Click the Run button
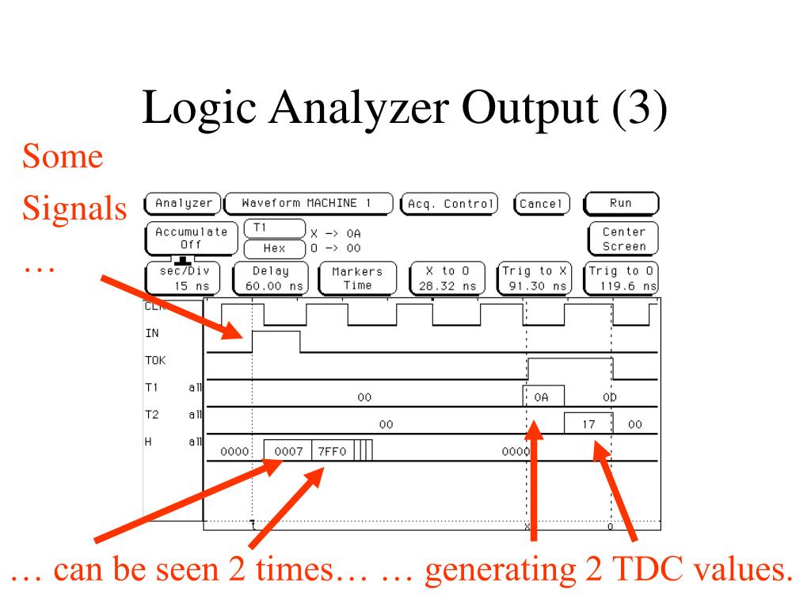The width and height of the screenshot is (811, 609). [x=621, y=203]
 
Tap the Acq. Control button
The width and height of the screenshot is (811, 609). [x=449, y=204]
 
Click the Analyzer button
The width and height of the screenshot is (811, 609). [x=184, y=203]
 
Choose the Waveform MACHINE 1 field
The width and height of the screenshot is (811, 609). [x=309, y=203]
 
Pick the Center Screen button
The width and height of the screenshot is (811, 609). [x=623, y=239]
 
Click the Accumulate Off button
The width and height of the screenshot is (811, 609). [x=191, y=239]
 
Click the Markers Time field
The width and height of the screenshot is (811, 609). [x=356, y=278]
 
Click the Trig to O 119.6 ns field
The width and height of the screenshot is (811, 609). [x=623, y=278]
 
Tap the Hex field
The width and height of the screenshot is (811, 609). [x=274, y=248]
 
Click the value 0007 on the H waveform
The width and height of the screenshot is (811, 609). [x=288, y=452]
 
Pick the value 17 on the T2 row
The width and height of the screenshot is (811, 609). [x=588, y=425]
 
